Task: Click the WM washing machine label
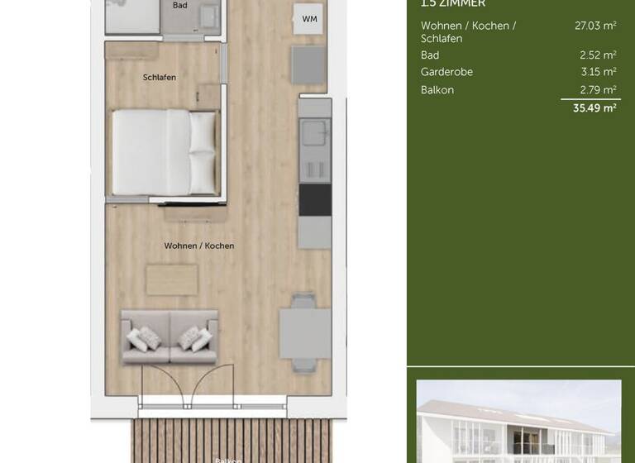309,19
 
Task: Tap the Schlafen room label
159,78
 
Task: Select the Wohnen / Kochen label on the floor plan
198,246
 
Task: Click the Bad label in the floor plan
179,5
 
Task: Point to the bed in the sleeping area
164,153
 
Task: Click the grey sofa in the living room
169,337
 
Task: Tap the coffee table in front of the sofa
172,279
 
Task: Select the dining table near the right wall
304,332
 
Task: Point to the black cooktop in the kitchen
314,199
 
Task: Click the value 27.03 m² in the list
595,26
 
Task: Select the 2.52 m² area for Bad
598,55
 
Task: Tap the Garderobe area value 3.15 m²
598,72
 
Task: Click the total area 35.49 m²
594,108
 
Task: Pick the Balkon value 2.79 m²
598,90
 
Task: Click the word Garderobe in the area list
446,72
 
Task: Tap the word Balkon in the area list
437,90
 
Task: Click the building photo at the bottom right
518,422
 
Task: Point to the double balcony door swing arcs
179,385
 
